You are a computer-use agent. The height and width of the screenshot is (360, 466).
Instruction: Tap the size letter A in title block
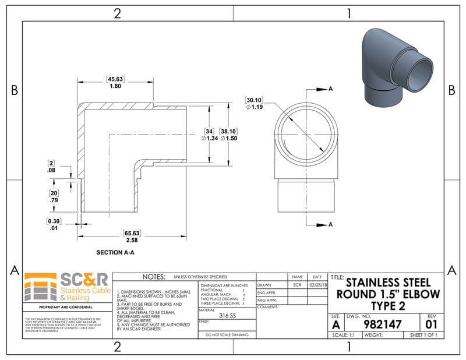click(x=336, y=324)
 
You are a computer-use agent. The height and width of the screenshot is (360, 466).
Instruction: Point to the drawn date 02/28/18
click(x=317, y=285)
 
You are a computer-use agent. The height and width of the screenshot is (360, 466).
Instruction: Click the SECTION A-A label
click(x=115, y=253)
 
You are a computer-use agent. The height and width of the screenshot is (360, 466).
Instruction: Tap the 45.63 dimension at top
click(x=115, y=82)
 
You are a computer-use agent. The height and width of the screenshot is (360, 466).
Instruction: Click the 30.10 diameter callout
click(x=255, y=103)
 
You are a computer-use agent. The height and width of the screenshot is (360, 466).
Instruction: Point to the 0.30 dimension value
click(x=55, y=224)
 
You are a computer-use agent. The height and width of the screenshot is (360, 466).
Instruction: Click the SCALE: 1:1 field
click(x=344, y=335)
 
